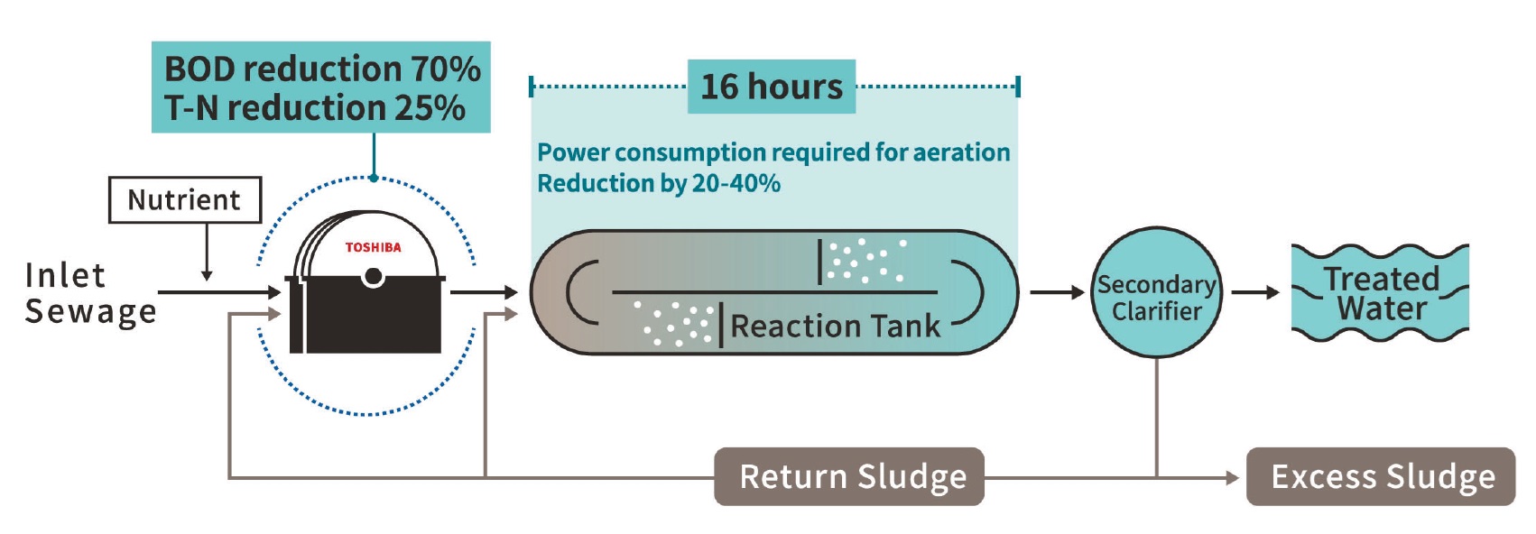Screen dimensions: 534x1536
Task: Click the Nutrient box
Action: tap(184, 199)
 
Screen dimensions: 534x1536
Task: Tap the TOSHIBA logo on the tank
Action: tap(373, 247)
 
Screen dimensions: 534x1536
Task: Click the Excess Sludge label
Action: tap(1381, 476)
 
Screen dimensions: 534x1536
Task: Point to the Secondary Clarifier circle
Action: tap(1156, 292)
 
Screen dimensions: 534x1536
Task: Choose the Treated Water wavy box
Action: tap(1380, 293)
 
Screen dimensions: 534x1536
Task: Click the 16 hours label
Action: tap(772, 87)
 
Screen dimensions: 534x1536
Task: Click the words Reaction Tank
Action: tap(835, 326)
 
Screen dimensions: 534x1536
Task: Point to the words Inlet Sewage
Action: tap(89, 293)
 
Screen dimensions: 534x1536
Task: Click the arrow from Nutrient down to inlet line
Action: tap(207, 253)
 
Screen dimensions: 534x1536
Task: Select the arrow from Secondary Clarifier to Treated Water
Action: tap(1255, 292)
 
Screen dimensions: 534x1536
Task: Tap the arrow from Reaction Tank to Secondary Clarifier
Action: tap(1057, 292)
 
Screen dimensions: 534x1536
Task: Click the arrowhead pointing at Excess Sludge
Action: tap(1233, 477)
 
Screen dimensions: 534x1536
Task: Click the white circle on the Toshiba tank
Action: tap(373, 277)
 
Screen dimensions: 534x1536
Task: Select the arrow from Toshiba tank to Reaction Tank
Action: tap(484, 292)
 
